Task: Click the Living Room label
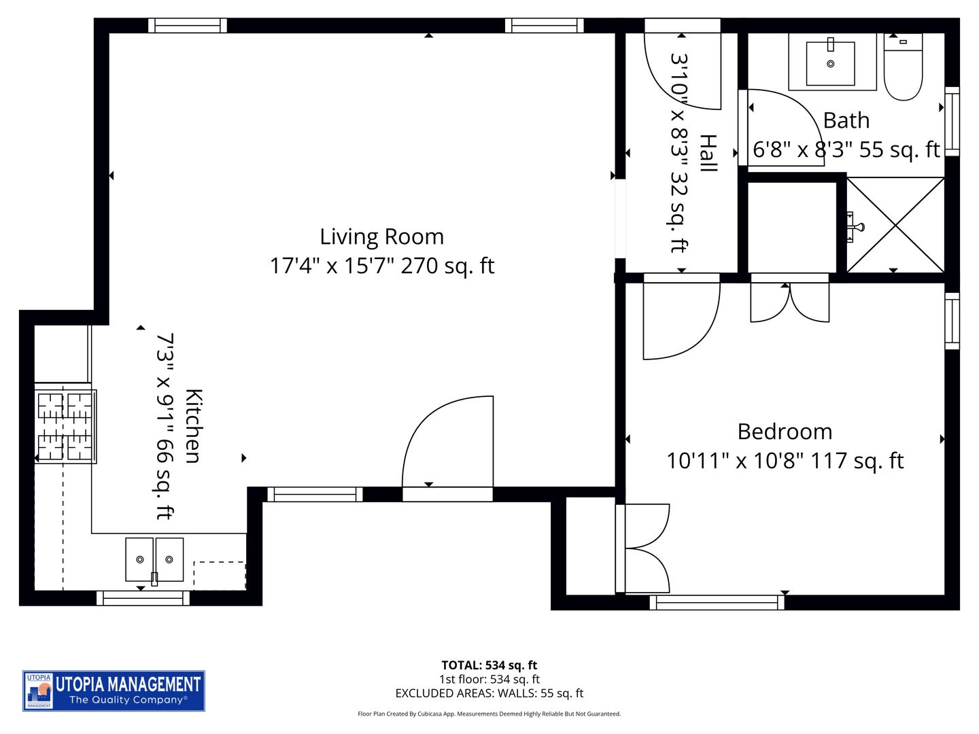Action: point(381,237)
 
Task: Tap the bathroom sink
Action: point(830,63)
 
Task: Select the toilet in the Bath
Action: point(903,67)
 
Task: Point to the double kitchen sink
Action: point(154,559)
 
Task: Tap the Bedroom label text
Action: point(785,432)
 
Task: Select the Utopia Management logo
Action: point(114,691)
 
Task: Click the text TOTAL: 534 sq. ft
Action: point(489,665)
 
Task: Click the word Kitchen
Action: point(194,426)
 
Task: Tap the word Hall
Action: point(708,153)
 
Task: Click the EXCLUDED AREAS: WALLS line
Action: point(489,693)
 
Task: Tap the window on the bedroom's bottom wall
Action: point(717,602)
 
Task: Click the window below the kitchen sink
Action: point(143,598)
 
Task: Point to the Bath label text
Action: point(846,120)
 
